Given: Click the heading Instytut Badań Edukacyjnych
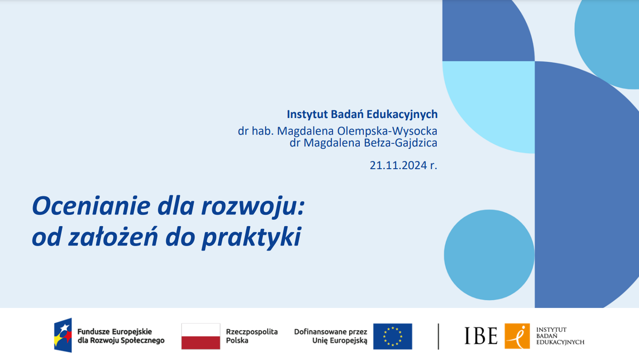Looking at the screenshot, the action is [362, 114].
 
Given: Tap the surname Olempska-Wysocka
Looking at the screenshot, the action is [387, 131].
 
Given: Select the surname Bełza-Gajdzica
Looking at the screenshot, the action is [401, 143].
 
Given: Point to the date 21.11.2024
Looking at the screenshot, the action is [398, 166].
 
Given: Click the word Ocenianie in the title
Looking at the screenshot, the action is [91, 206].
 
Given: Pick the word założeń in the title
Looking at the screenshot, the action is [113, 236].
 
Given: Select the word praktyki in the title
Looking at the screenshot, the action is [251, 238].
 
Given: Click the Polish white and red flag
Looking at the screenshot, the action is [201, 336].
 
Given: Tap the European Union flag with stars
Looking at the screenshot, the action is [392, 336].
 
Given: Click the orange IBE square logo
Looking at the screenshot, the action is [517, 336].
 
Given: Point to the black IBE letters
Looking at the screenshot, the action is [481, 336].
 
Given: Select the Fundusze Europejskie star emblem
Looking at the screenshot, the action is [63, 335].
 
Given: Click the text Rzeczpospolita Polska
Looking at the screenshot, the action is [252, 336].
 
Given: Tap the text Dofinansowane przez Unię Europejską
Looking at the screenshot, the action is [331, 336].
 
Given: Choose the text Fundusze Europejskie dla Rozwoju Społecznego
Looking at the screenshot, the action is [121, 336].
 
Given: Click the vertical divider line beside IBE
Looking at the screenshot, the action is [439, 336].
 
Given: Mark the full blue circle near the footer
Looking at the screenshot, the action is [489, 255].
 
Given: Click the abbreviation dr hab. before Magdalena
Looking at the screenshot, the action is [256, 131].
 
